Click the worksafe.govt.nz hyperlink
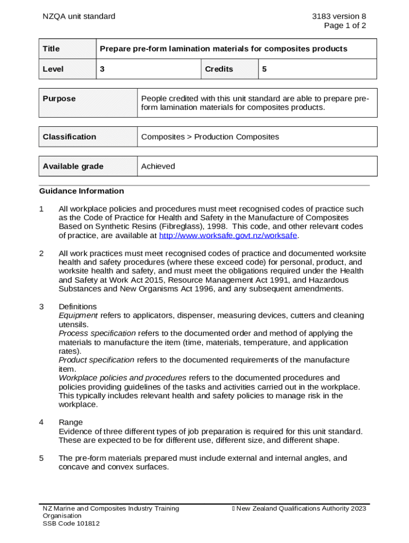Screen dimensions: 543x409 point(228,235)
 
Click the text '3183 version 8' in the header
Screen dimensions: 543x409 point(339,16)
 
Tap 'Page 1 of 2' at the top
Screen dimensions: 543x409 point(345,25)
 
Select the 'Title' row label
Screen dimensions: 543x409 point(52,49)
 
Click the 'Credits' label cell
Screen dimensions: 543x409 point(219,69)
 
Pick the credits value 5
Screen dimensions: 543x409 point(263,69)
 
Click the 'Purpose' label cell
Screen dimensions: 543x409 point(59,99)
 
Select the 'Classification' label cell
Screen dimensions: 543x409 point(70,137)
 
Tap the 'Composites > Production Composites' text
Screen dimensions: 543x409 point(210,137)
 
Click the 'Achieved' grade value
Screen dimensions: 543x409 point(158,167)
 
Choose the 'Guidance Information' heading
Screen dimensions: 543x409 point(81,191)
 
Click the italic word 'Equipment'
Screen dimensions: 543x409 point(78,316)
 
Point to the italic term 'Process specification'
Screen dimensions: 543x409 point(97,334)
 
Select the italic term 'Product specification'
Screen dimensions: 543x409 point(96,360)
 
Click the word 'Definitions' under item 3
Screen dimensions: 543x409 point(78,306)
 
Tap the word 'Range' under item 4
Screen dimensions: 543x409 point(71,422)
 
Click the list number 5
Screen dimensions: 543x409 point(41,458)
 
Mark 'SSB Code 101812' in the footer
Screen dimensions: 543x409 point(71,523)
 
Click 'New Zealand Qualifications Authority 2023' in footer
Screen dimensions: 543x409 point(301,509)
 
